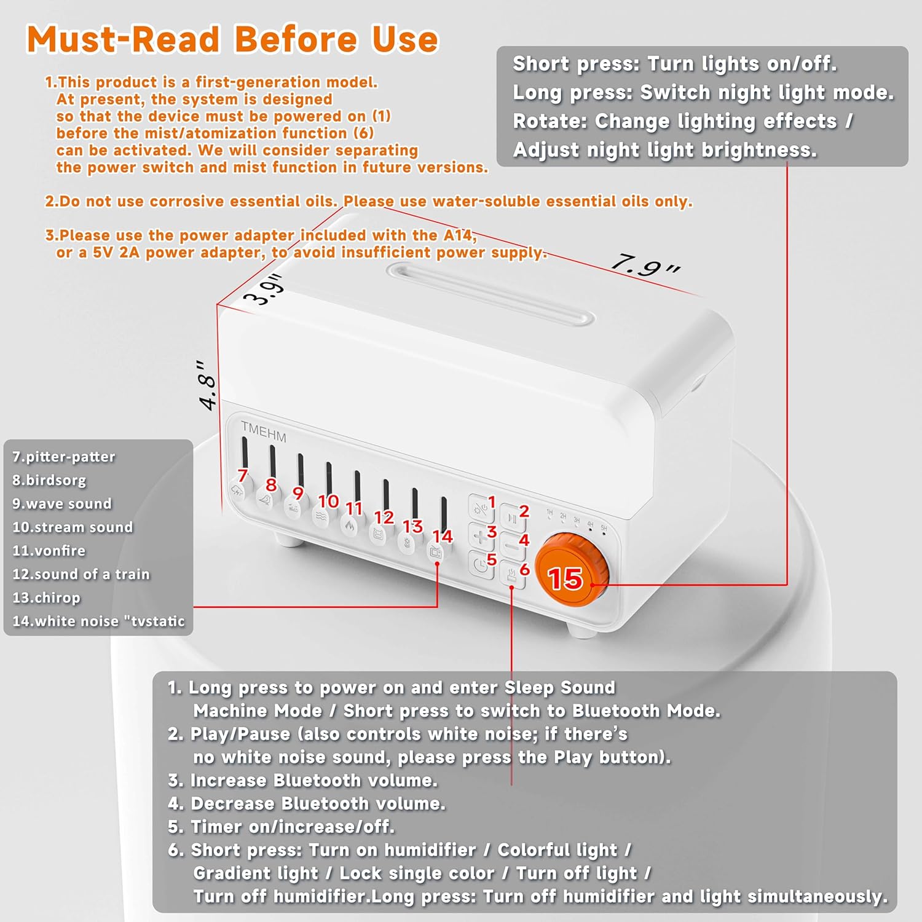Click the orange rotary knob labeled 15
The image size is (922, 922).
pyautogui.click(x=572, y=571)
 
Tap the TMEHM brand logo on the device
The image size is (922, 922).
pyautogui.click(x=264, y=431)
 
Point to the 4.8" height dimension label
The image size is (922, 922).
pyautogui.click(x=208, y=384)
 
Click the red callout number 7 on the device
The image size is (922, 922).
pyautogui.click(x=242, y=475)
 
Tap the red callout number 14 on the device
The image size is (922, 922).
pyautogui.click(x=443, y=537)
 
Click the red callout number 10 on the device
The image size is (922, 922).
pyautogui.click(x=328, y=501)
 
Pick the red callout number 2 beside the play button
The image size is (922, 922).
pyautogui.click(x=524, y=511)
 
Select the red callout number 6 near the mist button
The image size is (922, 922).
pyautogui.click(x=524, y=569)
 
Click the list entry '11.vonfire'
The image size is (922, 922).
pyautogui.click(x=49, y=551)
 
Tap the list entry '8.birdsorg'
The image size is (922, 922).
pyautogui.click(x=49, y=480)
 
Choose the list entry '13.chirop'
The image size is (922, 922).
pyautogui.click(x=47, y=598)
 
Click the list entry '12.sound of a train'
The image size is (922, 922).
pyautogui.click(x=81, y=574)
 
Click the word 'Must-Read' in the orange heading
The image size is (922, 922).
pyautogui.click(x=123, y=39)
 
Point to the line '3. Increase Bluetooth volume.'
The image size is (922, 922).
pyautogui.click(x=302, y=780)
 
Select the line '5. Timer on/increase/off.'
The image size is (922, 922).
pyautogui.click(x=281, y=827)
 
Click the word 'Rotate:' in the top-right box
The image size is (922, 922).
pyautogui.click(x=550, y=121)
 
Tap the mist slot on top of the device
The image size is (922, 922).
pyautogui.click(x=491, y=294)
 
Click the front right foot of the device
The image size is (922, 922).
pyautogui.click(x=581, y=631)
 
